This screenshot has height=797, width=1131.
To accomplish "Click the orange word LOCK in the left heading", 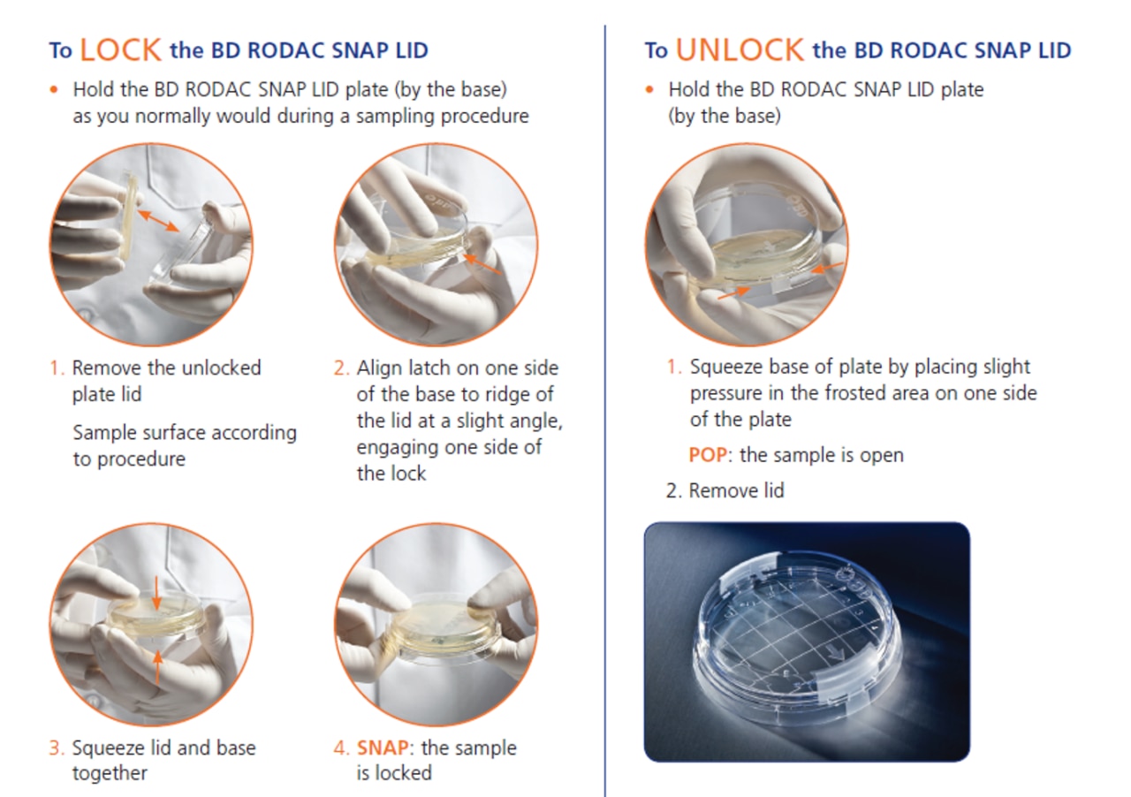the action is [121, 50].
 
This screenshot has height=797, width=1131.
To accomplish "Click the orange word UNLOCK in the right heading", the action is [740, 50].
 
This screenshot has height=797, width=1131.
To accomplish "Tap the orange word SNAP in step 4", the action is [383, 748].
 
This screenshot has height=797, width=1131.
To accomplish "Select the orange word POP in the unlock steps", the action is [708, 455].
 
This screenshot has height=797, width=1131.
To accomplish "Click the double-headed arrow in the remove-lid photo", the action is [158, 221].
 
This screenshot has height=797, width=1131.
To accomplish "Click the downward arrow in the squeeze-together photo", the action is [156, 593].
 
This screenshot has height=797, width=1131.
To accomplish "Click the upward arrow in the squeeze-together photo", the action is [158, 667].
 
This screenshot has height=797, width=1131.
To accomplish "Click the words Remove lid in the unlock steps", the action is [737, 490].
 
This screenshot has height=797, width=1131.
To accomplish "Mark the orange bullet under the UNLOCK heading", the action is [649, 90].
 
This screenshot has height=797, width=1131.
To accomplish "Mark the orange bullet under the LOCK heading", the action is [54, 90].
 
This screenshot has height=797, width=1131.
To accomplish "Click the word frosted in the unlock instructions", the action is [856, 393].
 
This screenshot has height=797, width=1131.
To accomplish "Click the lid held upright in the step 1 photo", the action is [128, 217].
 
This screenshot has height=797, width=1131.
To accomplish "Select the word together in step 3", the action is [110, 774].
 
